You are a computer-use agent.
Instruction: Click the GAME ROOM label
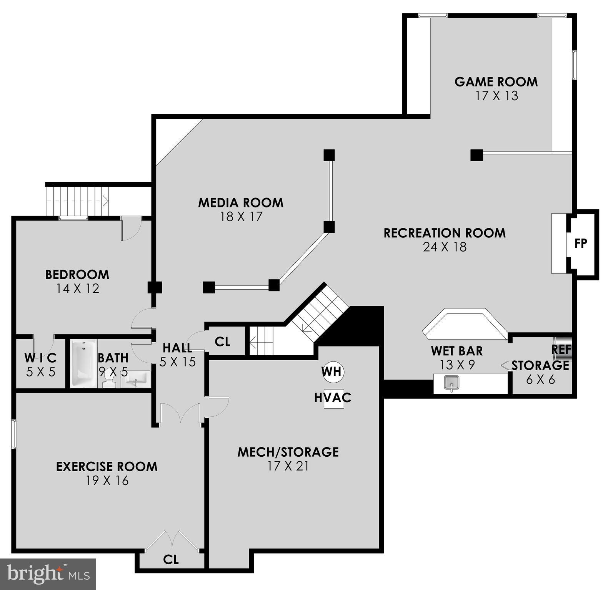(496, 82)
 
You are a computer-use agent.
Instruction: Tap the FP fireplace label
(581, 243)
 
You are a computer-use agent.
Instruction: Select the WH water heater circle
(333, 371)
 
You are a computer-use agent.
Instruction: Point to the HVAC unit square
(333, 398)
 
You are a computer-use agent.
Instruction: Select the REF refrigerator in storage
(562, 349)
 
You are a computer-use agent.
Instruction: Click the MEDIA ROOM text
(241, 203)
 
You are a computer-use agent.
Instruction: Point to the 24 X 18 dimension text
(445, 247)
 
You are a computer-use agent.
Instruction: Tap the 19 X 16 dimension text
(107, 481)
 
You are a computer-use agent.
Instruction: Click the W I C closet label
(41, 358)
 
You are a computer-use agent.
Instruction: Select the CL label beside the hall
(222, 341)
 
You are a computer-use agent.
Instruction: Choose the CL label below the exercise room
(171, 560)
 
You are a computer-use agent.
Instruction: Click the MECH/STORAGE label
(288, 452)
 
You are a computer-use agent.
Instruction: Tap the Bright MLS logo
(48, 574)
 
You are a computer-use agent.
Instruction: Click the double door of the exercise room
(181, 413)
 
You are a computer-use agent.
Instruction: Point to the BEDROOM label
(77, 275)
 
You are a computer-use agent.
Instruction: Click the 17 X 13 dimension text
(497, 96)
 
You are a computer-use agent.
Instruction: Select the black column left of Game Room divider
(476, 155)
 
